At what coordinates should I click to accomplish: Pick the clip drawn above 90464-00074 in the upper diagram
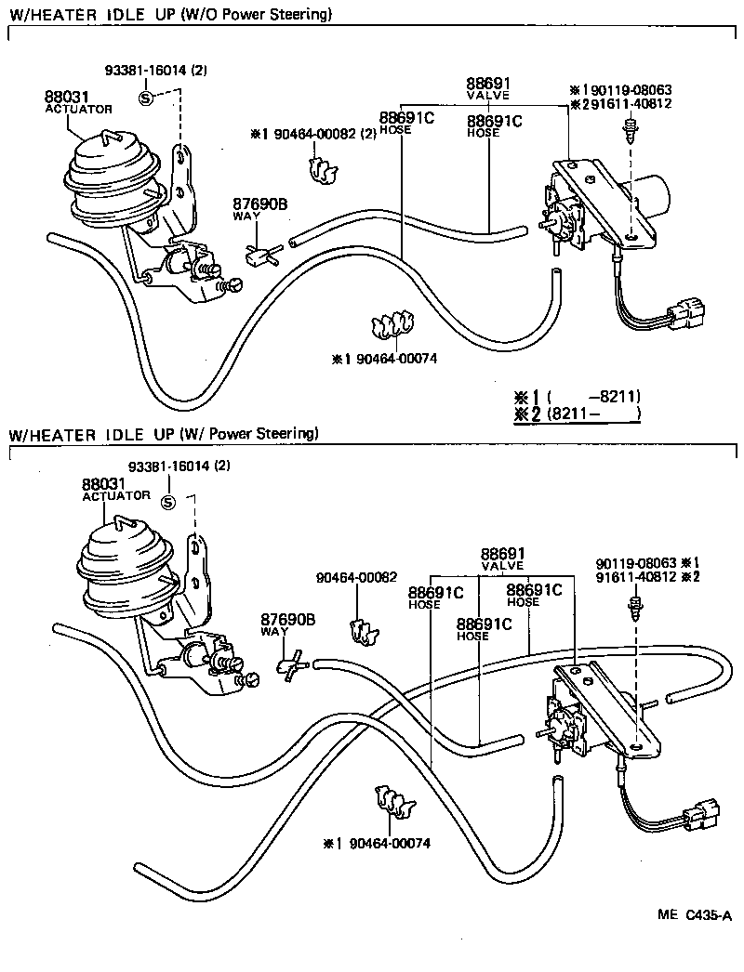391,326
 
